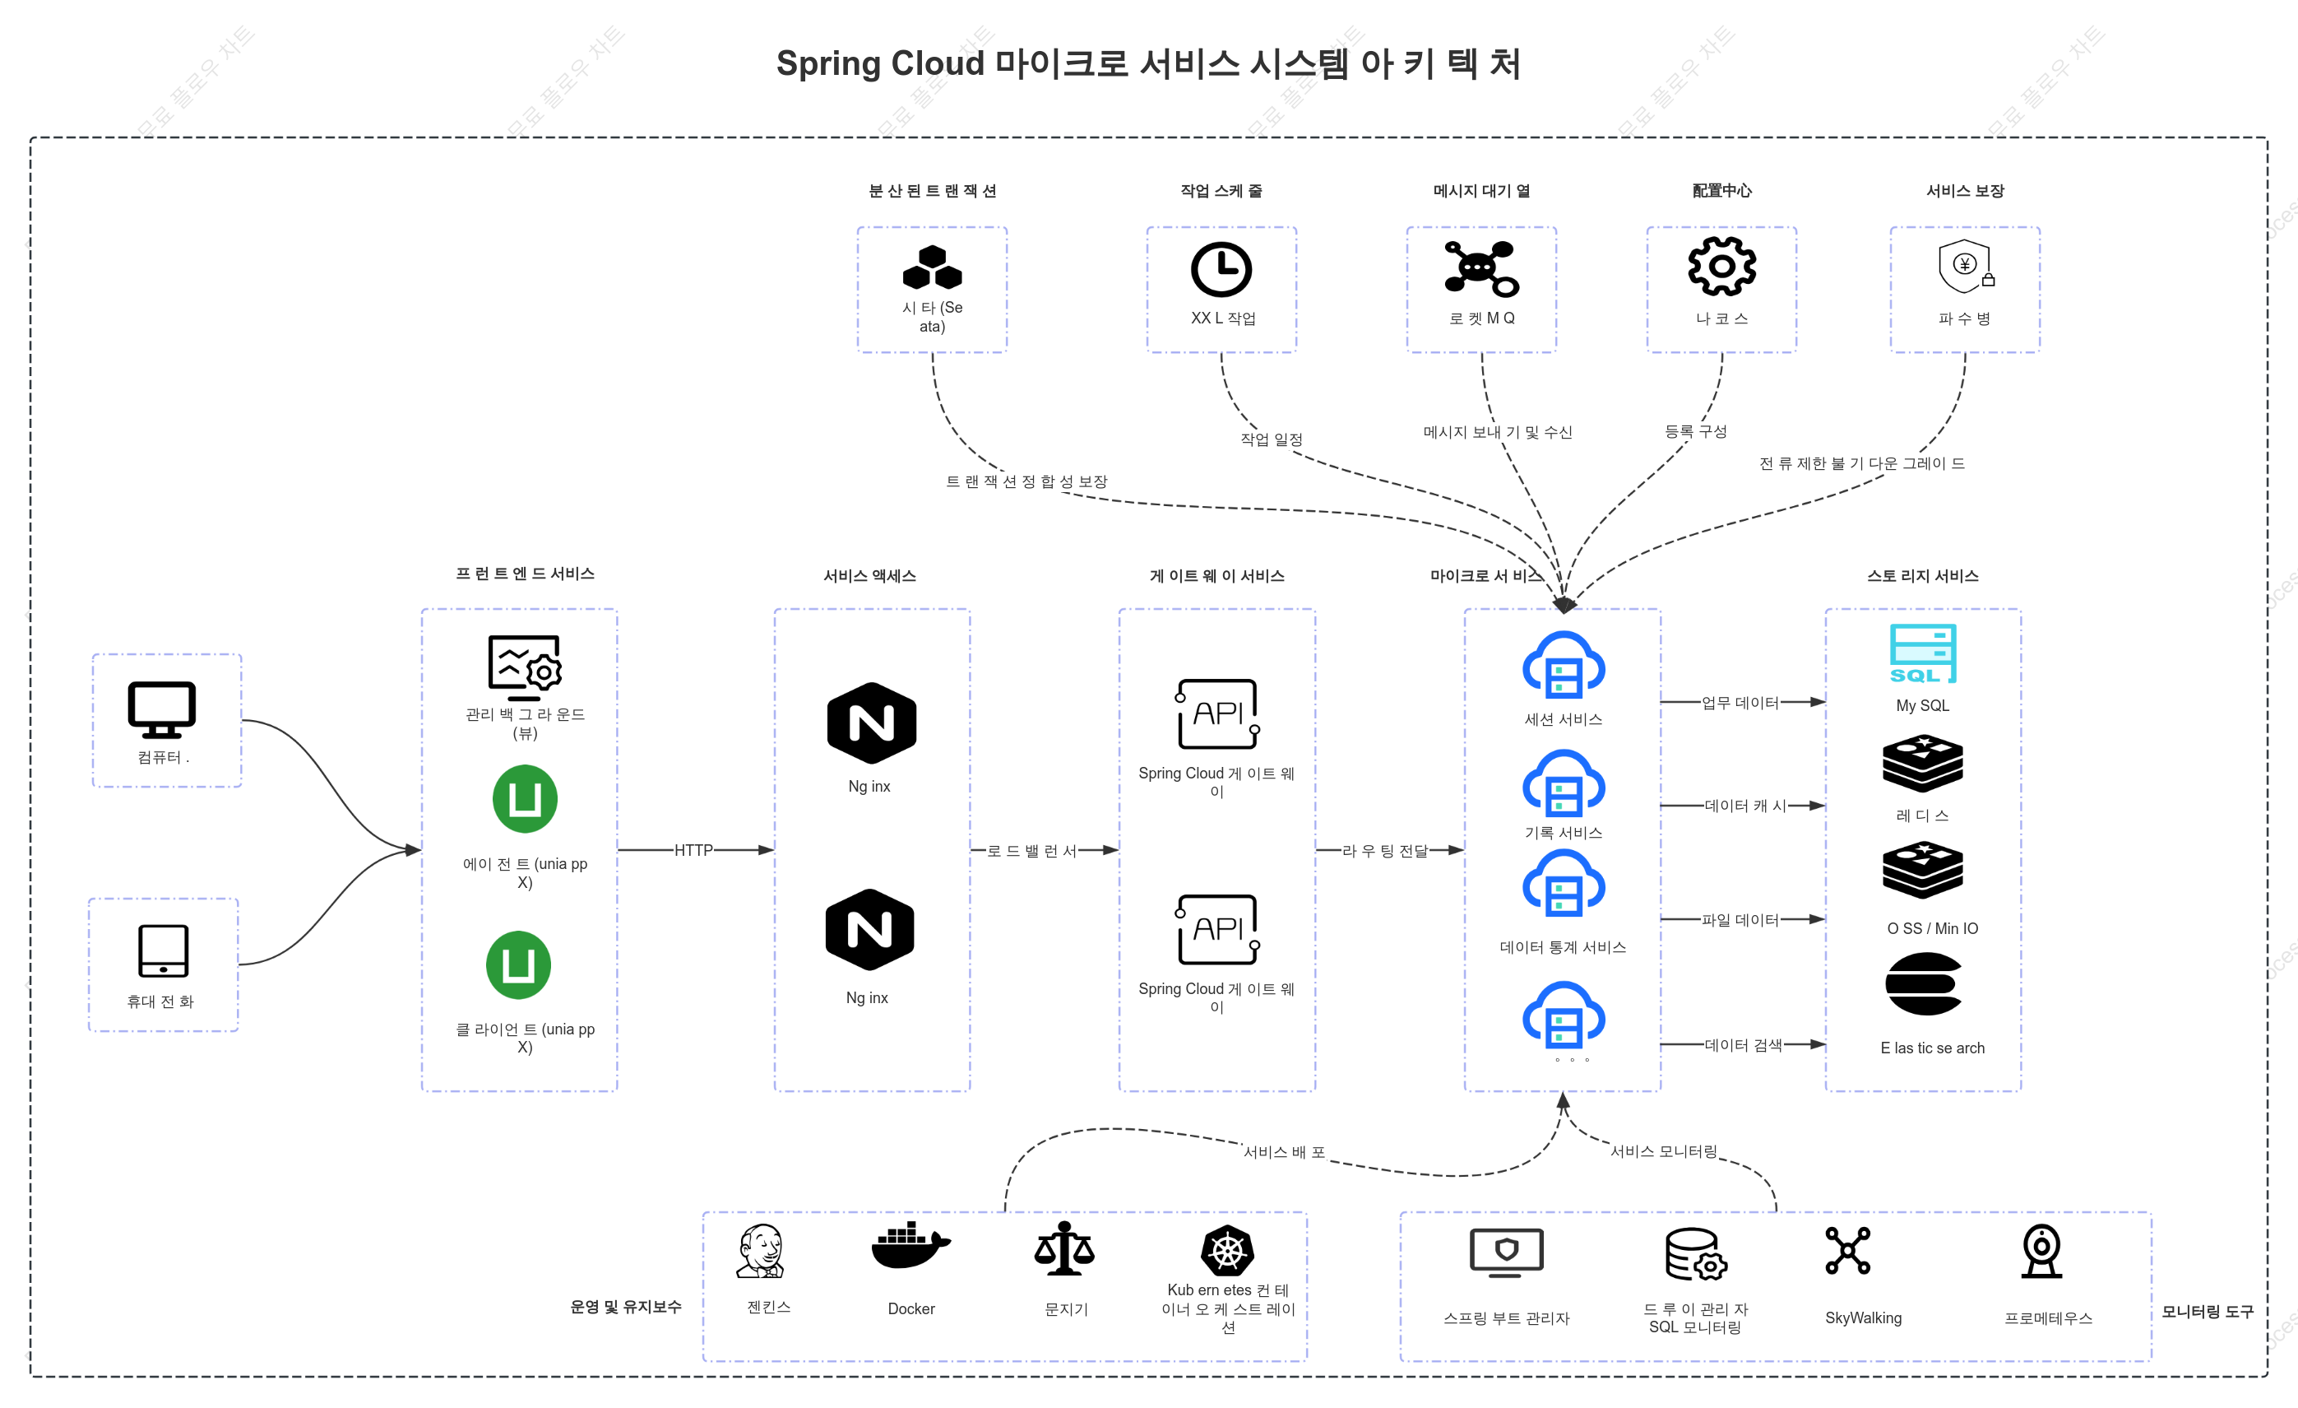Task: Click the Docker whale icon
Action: tap(910, 1246)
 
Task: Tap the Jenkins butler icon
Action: tap(761, 1250)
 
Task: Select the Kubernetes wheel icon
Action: tap(1227, 1250)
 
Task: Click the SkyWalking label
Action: tap(1862, 1317)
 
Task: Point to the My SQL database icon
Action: tap(1923, 653)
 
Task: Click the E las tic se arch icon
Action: tap(1923, 983)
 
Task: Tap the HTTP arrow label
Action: tap(694, 850)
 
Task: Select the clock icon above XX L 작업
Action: tap(1221, 270)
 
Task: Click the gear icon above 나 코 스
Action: tap(1721, 267)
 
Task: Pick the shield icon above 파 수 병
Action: tap(1965, 267)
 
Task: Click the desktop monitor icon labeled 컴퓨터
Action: tap(161, 709)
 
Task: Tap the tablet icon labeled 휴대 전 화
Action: tap(163, 950)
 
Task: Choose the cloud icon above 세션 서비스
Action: tap(1563, 665)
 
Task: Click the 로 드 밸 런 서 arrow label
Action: tap(1031, 851)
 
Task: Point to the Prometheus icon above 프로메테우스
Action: tap(2042, 1250)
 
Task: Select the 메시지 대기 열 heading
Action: tap(1481, 190)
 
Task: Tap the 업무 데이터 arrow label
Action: tap(1740, 703)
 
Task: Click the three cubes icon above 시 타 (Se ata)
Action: tap(932, 267)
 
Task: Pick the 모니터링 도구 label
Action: tap(2208, 1312)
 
